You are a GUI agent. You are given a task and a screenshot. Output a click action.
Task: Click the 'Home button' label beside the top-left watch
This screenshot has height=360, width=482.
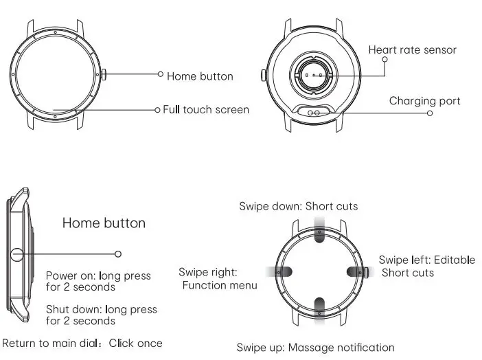[200, 76]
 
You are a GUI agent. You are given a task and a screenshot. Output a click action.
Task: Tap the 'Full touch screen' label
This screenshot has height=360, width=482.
[206, 109]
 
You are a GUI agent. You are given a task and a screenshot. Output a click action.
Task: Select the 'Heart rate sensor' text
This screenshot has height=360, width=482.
[412, 49]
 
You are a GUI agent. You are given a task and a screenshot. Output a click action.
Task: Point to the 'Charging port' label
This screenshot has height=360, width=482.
[424, 101]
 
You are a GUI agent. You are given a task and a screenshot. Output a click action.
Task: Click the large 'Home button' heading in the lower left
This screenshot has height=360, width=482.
[104, 223]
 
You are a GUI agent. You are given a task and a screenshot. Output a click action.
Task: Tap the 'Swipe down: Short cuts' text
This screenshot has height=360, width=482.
[298, 206]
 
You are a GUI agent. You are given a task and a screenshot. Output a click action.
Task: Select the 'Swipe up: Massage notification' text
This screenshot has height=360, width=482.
[315, 348]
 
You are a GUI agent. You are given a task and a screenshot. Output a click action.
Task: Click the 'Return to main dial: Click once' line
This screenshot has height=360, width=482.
[82, 343]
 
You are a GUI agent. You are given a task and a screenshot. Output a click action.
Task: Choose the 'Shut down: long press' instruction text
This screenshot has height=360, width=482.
[102, 310]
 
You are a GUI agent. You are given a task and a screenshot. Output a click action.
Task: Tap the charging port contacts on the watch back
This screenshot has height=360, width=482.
[315, 111]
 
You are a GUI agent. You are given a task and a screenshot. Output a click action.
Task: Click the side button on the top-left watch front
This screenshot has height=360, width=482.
[104, 74]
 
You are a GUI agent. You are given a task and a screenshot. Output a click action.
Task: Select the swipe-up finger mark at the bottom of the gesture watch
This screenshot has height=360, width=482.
[319, 307]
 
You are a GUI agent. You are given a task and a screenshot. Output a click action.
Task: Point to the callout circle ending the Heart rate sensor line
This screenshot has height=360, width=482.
[385, 60]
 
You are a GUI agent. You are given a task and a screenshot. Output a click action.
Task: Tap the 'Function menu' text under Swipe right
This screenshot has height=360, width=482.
[220, 285]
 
